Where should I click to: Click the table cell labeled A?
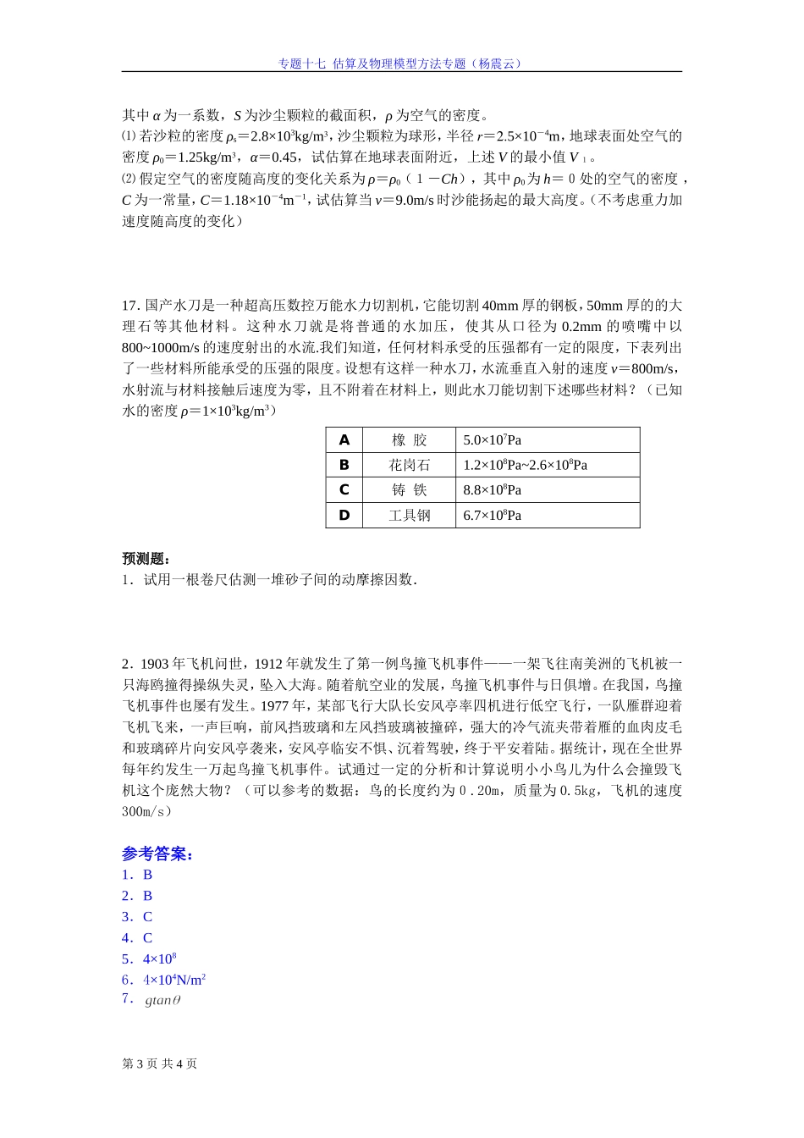pyautogui.click(x=344, y=440)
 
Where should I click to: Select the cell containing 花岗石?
pyautogui.click(x=410, y=465)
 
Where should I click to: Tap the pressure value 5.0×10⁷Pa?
pyautogui.click(x=492, y=440)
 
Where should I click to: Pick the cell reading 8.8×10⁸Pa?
pyautogui.click(x=492, y=490)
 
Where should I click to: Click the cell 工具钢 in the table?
pyautogui.click(x=410, y=515)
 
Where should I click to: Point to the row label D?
pyautogui.click(x=344, y=515)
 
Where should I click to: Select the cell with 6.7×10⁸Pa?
pyautogui.click(x=492, y=515)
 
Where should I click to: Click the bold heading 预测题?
pyautogui.click(x=146, y=559)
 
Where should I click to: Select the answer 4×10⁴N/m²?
pyautogui.click(x=174, y=980)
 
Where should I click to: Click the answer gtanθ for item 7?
pyautogui.click(x=162, y=1001)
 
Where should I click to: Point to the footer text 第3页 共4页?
pyautogui.click(x=160, y=1063)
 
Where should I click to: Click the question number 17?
pyautogui.click(x=130, y=306)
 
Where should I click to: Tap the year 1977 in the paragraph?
pyautogui.click(x=274, y=706)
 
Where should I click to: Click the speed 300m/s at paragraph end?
pyautogui.click(x=146, y=811)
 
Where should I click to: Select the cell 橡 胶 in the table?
pyautogui.click(x=410, y=440)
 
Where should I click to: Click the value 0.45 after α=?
pyautogui.click(x=284, y=157)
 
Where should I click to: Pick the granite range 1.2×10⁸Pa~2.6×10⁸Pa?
pyautogui.click(x=525, y=465)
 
